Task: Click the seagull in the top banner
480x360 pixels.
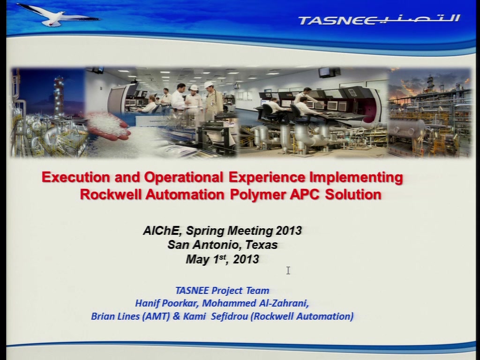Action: click(58, 15)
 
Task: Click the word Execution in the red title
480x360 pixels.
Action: click(76, 177)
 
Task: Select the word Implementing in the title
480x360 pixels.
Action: click(356, 178)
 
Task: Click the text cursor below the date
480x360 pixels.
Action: click(288, 270)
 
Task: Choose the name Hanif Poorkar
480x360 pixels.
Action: click(167, 303)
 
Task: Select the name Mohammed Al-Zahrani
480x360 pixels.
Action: click(255, 303)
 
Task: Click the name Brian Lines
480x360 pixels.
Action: click(115, 316)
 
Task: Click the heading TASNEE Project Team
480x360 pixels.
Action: click(222, 290)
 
